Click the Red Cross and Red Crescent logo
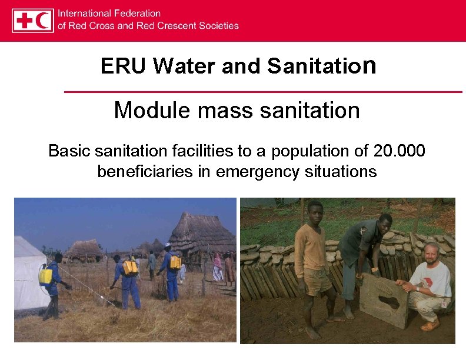[x=33, y=20]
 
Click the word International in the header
[x=88, y=13]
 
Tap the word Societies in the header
[x=219, y=26]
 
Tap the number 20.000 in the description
[x=399, y=151]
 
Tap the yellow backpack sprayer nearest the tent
[x=45, y=274]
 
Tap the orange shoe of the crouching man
[x=430, y=325]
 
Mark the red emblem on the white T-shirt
[x=443, y=275]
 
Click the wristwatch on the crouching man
[x=417, y=288]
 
